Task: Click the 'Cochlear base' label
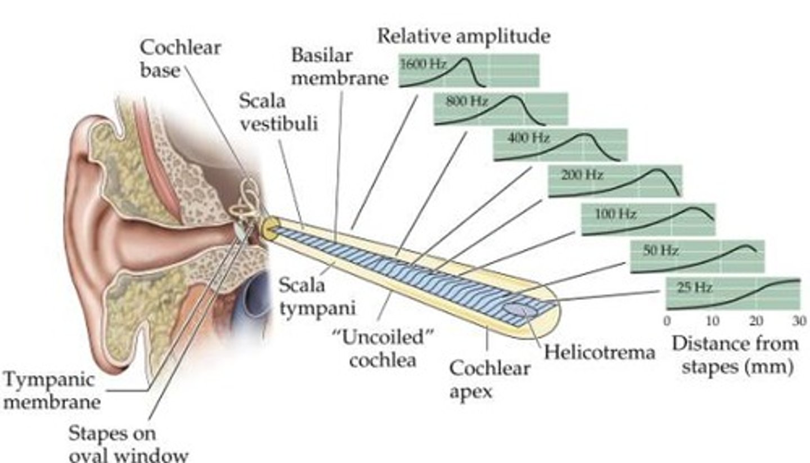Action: [179, 59]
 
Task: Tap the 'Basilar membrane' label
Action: [339, 66]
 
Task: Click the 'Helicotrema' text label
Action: [599, 353]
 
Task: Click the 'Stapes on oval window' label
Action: [128, 443]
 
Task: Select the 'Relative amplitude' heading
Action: [463, 36]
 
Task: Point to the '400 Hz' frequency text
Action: [528, 138]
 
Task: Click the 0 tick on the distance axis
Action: [667, 321]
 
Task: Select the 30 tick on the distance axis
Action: [799, 321]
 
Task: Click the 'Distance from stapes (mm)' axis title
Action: [735, 354]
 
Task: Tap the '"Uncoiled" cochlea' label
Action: [382, 349]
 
